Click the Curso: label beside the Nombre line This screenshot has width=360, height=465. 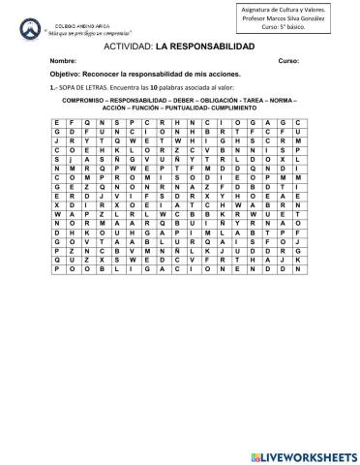click(288, 60)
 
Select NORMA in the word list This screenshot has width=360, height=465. click(280, 98)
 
